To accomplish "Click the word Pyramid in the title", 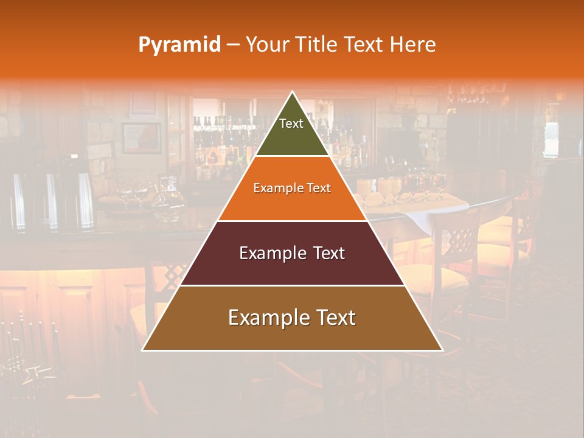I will pyautogui.click(x=179, y=45).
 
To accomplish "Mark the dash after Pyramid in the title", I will pyautogui.click(x=233, y=45).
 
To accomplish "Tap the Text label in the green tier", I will pyautogui.click(x=291, y=123).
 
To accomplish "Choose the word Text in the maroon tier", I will pyautogui.click(x=329, y=254).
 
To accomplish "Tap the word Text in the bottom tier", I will pyautogui.click(x=336, y=318).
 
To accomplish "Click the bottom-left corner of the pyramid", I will pyautogui.click(x=142, y=350).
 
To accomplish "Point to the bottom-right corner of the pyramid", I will pyautogui.click(x=442, y=350).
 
